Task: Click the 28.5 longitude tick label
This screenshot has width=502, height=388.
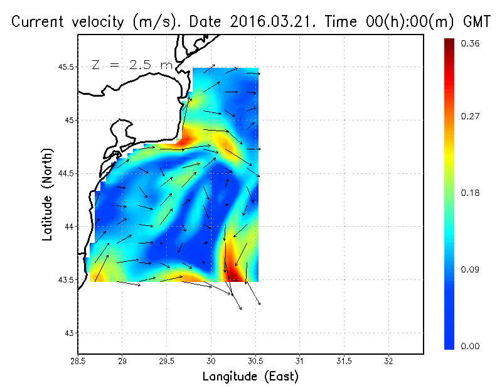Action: pyautogui.click(x=78, y=361)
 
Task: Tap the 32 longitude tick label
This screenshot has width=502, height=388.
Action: pyautogui.click(x=388, y=361)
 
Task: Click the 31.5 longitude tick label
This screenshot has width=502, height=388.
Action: pyautogui.click(x=344, y=361)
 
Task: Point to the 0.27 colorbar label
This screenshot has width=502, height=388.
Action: pyautogui.click(x=470, y=116)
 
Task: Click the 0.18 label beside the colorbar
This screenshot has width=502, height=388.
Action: pyautogui.click(x=470, y=193)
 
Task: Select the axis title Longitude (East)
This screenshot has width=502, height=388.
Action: pyautogui.click(x=250, y=376)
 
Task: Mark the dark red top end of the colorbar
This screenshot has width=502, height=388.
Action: pyautogui.click(x=449, y=43)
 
